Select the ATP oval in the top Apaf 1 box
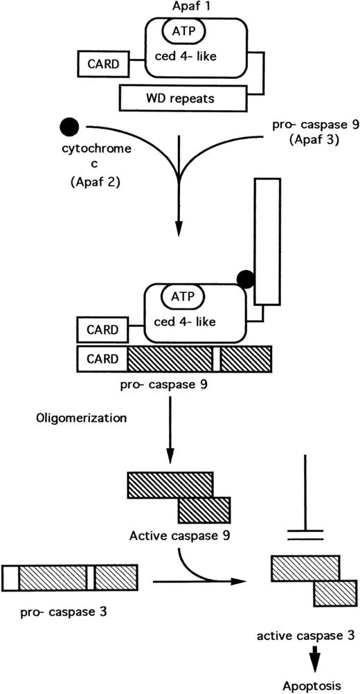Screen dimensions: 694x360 pyautogui.click(x=181, y=31)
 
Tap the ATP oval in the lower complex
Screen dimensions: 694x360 pyautogui.click(x=182, y=298)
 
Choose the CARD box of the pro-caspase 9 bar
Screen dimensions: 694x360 pyautogui.click(x=102, y=359)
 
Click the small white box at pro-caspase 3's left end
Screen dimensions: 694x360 pyautogui.click(x=10, y=577)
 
